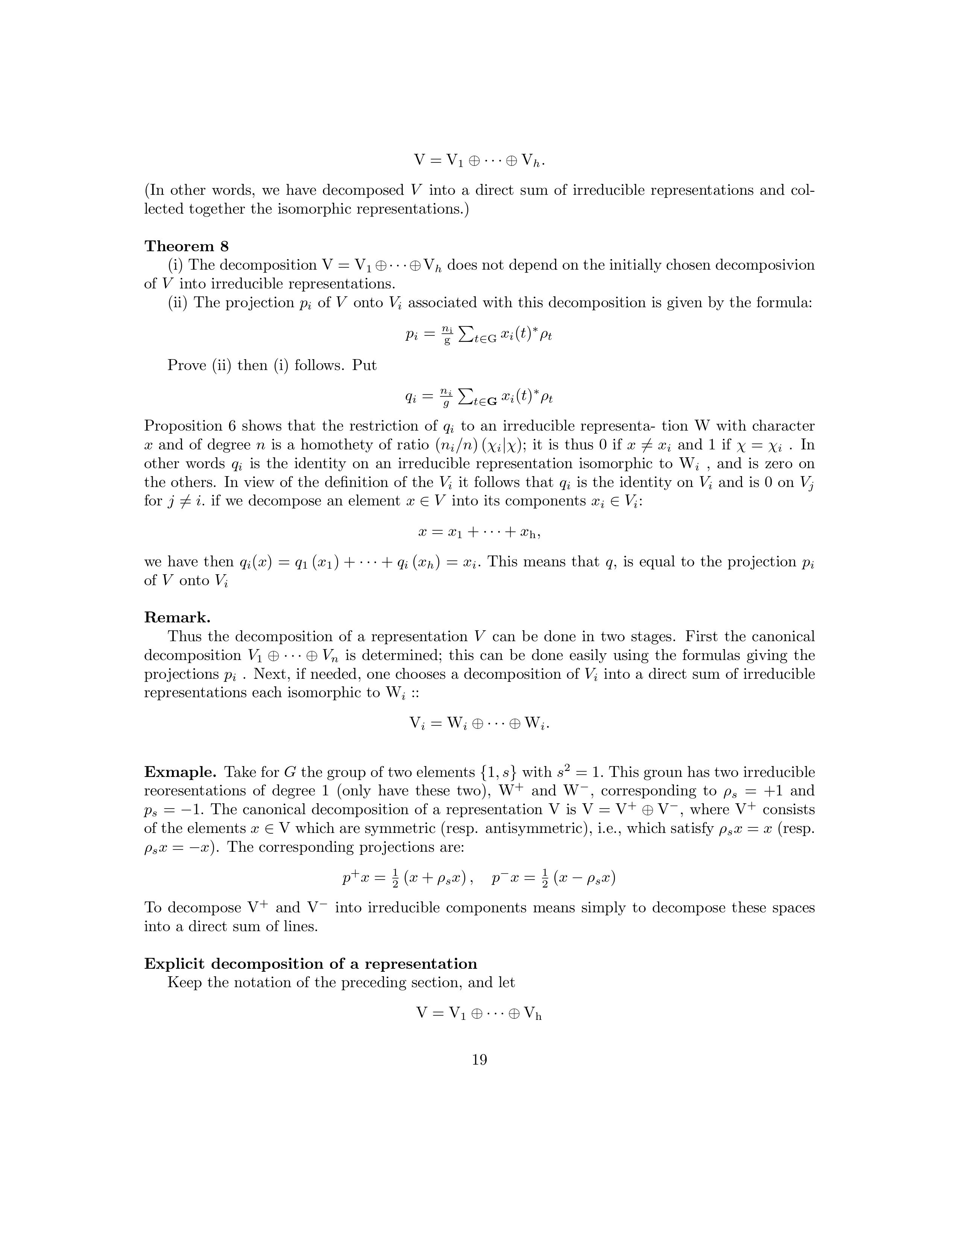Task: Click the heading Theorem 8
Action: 186,246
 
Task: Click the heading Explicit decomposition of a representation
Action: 310,964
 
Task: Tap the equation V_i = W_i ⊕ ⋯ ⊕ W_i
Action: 479,723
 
